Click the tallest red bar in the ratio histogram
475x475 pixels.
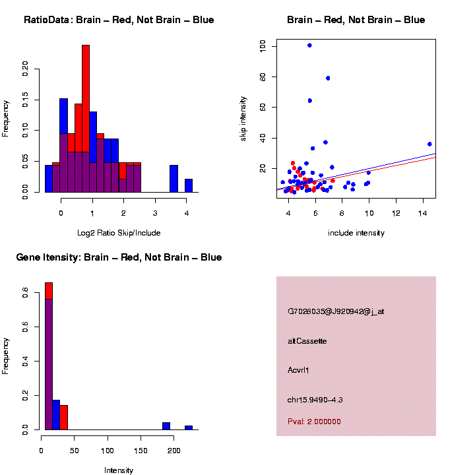(86, 119)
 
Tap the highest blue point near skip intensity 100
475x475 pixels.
(309, 46)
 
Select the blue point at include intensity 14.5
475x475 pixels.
(429, 144)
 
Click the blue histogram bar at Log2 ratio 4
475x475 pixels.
(189, 185)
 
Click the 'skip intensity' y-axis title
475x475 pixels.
(262, 118)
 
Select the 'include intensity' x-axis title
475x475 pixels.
(356, 233)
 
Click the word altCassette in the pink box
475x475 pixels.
(307, 341)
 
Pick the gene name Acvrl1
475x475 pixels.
(299, 370)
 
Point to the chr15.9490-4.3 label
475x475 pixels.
(315, 400)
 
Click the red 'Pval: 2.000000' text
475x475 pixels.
(315, 422)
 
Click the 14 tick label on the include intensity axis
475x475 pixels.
(423, 213)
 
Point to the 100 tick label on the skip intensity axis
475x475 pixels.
(263, 46)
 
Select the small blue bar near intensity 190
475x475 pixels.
(166, 426)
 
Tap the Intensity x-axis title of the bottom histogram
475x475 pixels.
(119, 470)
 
